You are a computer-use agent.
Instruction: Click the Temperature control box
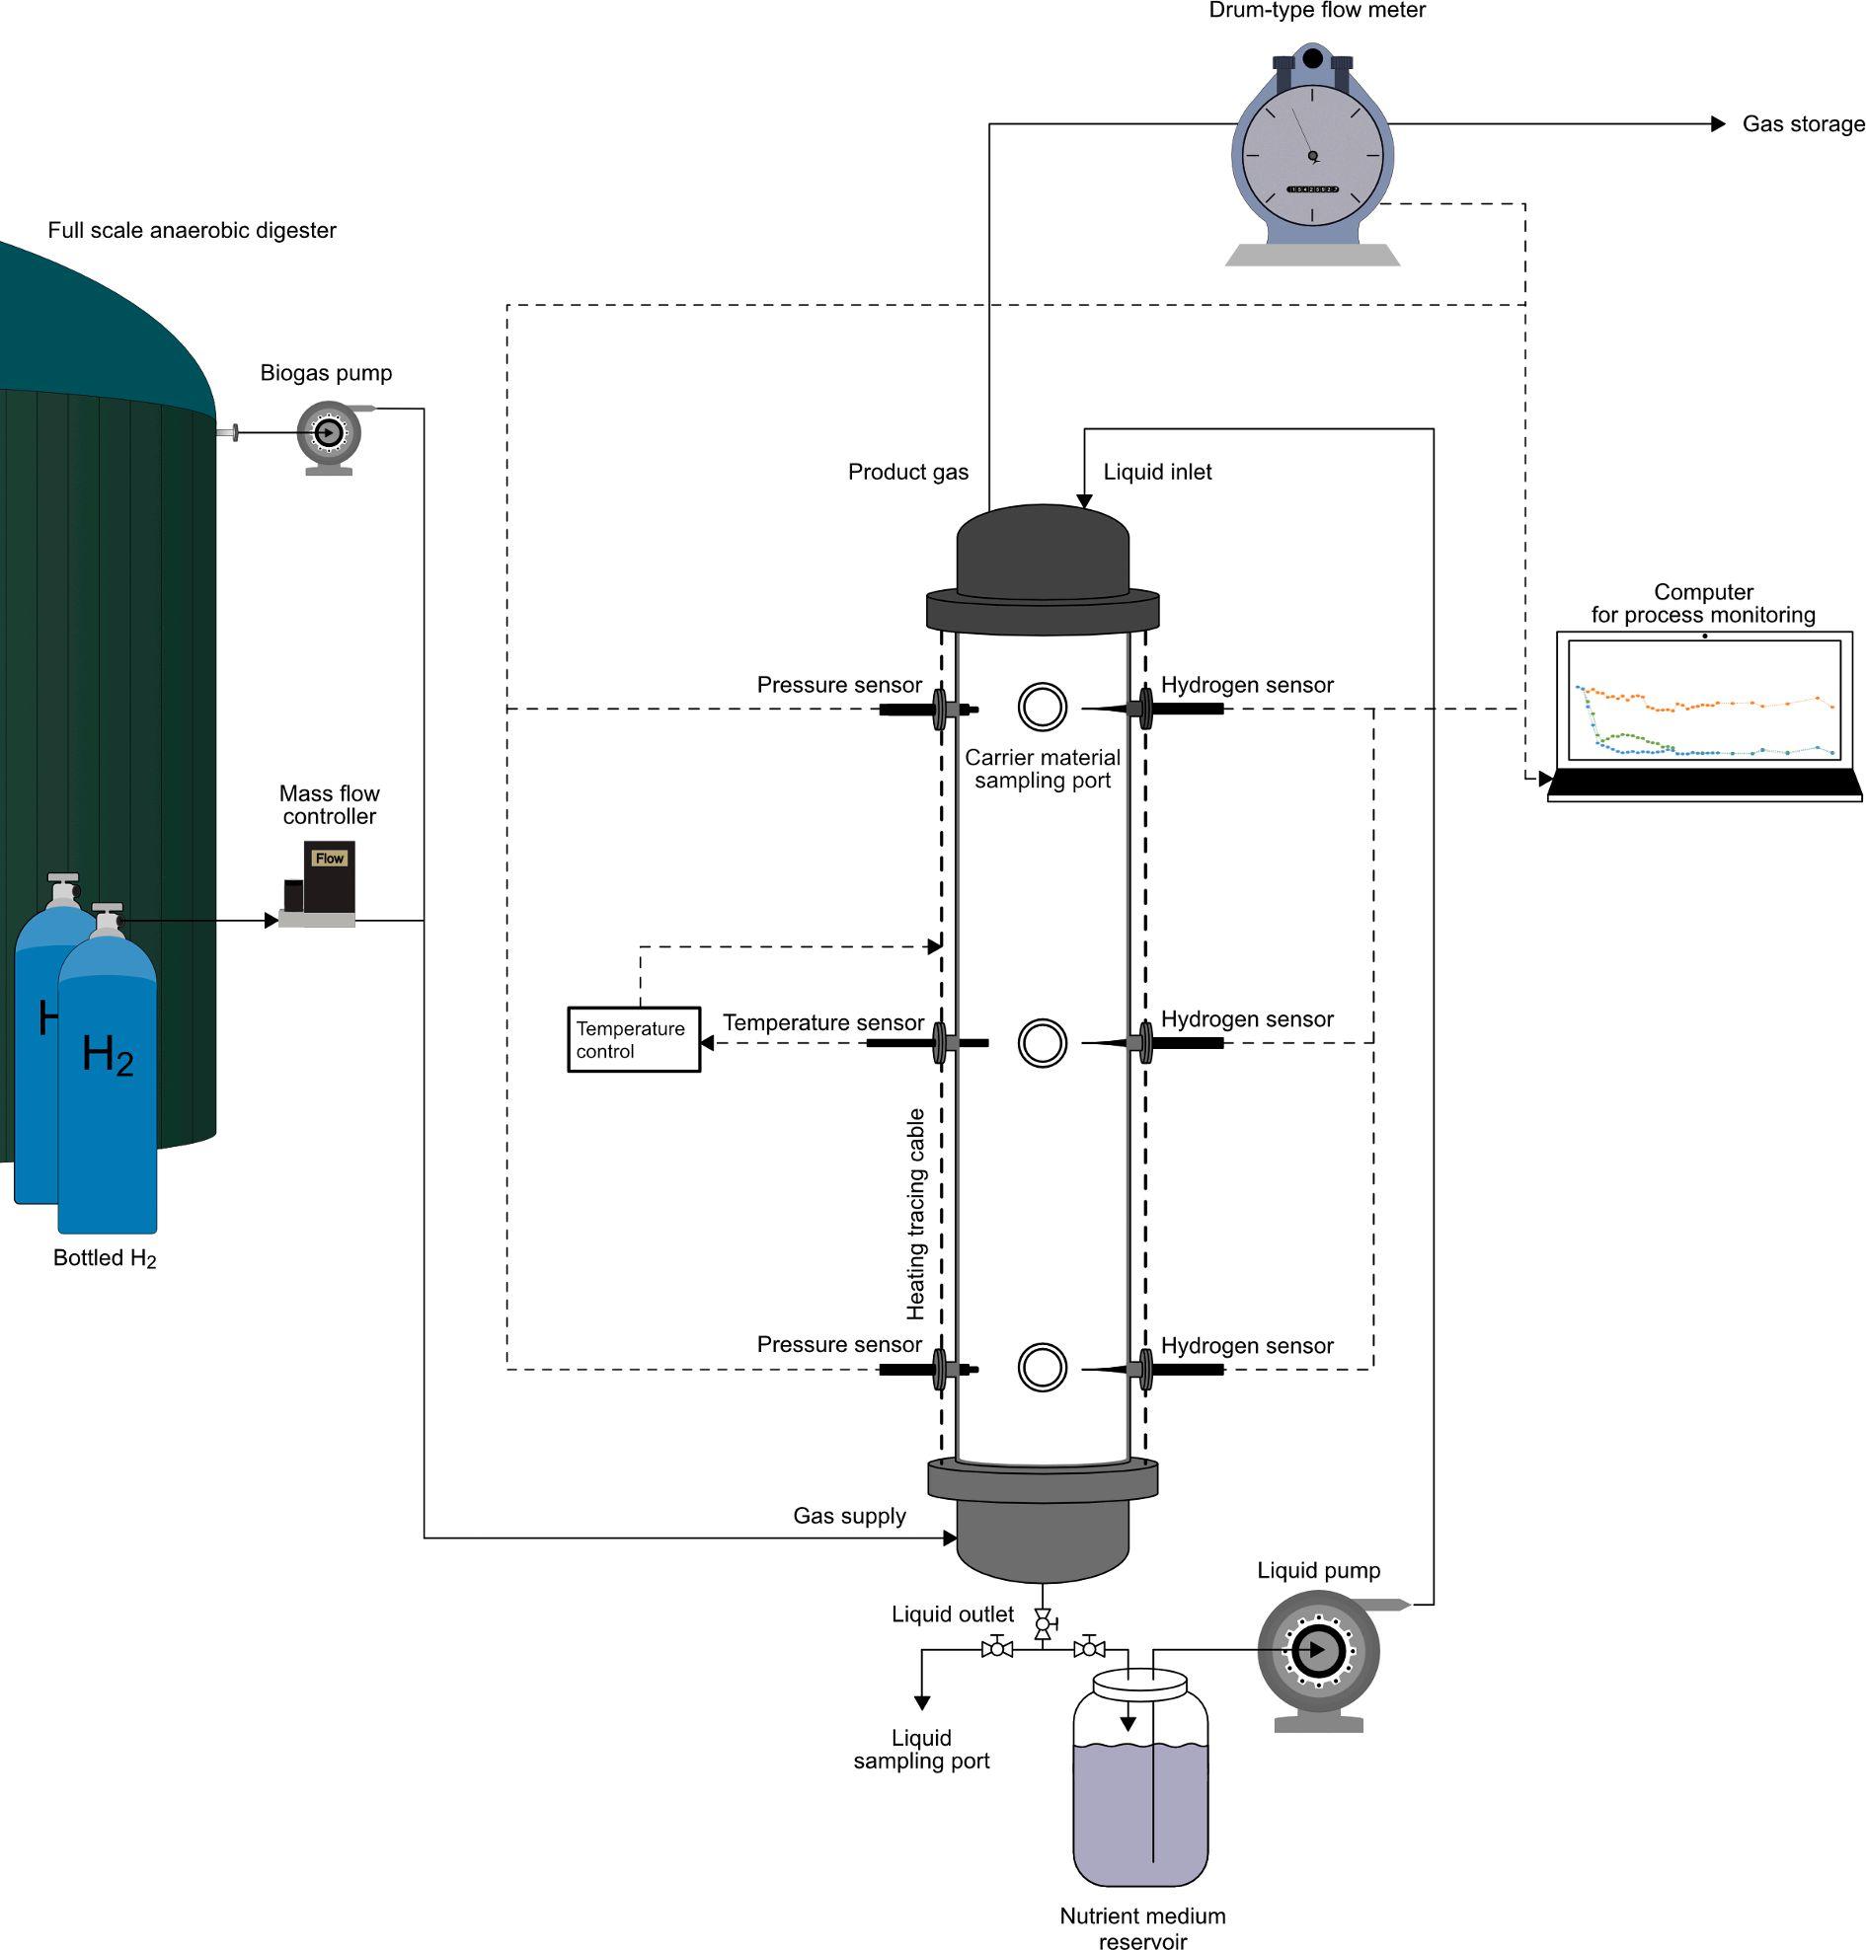[x=634, y=1039]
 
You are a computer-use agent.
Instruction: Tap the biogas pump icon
[x=328, y=433]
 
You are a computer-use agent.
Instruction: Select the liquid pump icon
[x=1317, y=1651]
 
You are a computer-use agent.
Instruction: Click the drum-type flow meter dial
[x=1312, y=156]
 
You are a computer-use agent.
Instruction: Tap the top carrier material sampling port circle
[x=1043, y=707]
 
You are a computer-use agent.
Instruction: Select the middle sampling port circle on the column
[x=1043, y=1042]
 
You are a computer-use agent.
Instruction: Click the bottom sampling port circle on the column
[x=1043, y=1368]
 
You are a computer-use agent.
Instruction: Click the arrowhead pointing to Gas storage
[x=1718, y=124]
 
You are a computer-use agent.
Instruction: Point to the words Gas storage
[x=1803, y=124]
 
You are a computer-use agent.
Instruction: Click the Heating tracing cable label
[x=916, y=1214]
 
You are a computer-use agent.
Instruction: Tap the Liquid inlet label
[x=1157, y=472]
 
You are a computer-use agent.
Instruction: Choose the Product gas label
[x=907, y=472]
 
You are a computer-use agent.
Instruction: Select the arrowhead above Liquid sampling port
[x=922, y=1702]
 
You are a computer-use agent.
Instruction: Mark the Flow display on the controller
[x=329, y=859]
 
